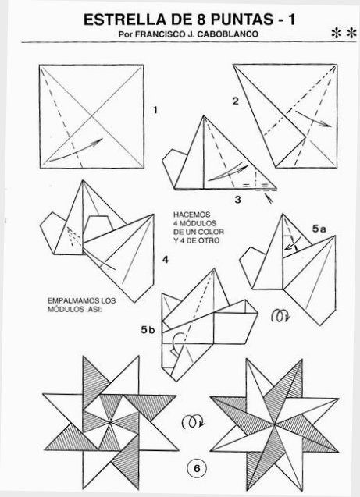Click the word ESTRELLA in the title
tap(124, 20)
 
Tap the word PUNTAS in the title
tap(241, 20)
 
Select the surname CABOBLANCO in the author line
tap(228, 34)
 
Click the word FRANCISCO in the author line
tap(159, 34)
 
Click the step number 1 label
tap(155, 110)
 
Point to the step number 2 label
tap(235, 101)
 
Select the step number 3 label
tap(237, 200)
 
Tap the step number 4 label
tap(166, 260)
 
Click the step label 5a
tap(319, 228)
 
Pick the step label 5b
tap(148, 330)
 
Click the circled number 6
tap(197, 468)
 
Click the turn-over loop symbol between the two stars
tap(193, 422)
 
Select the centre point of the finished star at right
tap(274, 424)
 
